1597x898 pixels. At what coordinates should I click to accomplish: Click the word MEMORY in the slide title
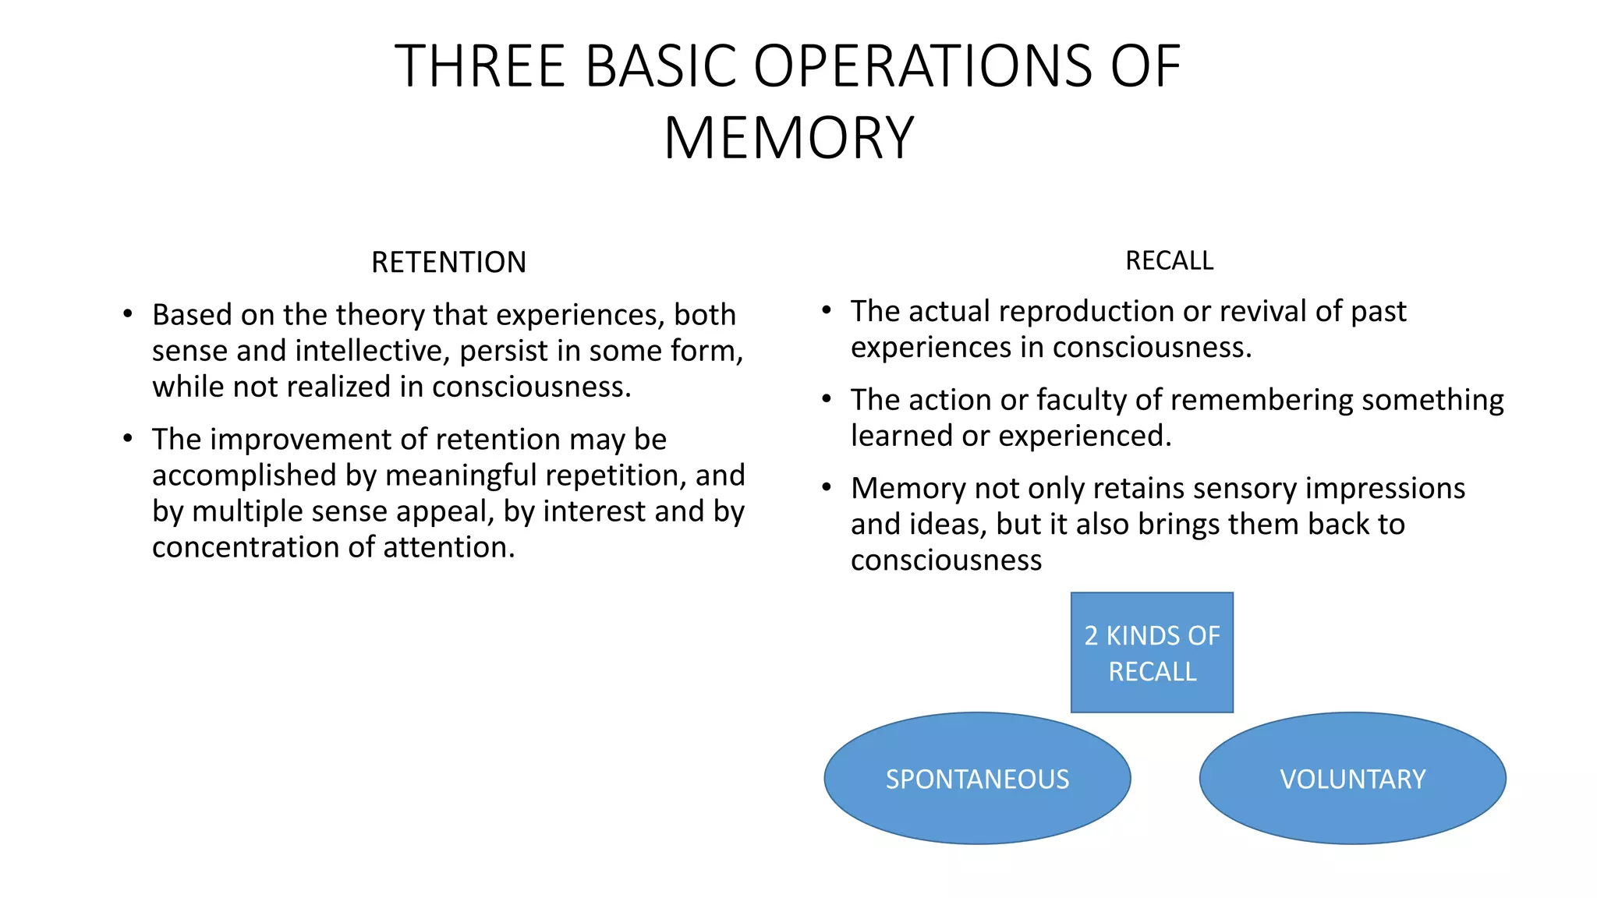click(x=788, y=138)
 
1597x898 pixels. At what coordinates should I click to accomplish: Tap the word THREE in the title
click(x=480, y=65)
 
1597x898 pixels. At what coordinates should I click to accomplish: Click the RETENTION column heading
click(x=448, y=263)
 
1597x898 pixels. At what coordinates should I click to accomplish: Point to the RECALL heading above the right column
click(x=1169, y=260)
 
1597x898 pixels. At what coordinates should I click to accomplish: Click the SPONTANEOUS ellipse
click(x=977, y=779)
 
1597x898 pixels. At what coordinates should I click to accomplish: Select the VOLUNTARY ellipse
click(x=1352, y=779)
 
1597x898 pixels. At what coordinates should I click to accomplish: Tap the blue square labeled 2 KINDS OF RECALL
click(x=1152, y=652)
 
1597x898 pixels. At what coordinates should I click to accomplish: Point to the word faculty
click(x=1081, y=400)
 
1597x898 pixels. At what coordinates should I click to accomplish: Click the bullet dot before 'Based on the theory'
click(x=127, y=314)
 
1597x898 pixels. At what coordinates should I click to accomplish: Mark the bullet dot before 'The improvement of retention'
click(x=127, y=439)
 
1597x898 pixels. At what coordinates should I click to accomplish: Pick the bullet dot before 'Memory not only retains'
click(x=827, y=488)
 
